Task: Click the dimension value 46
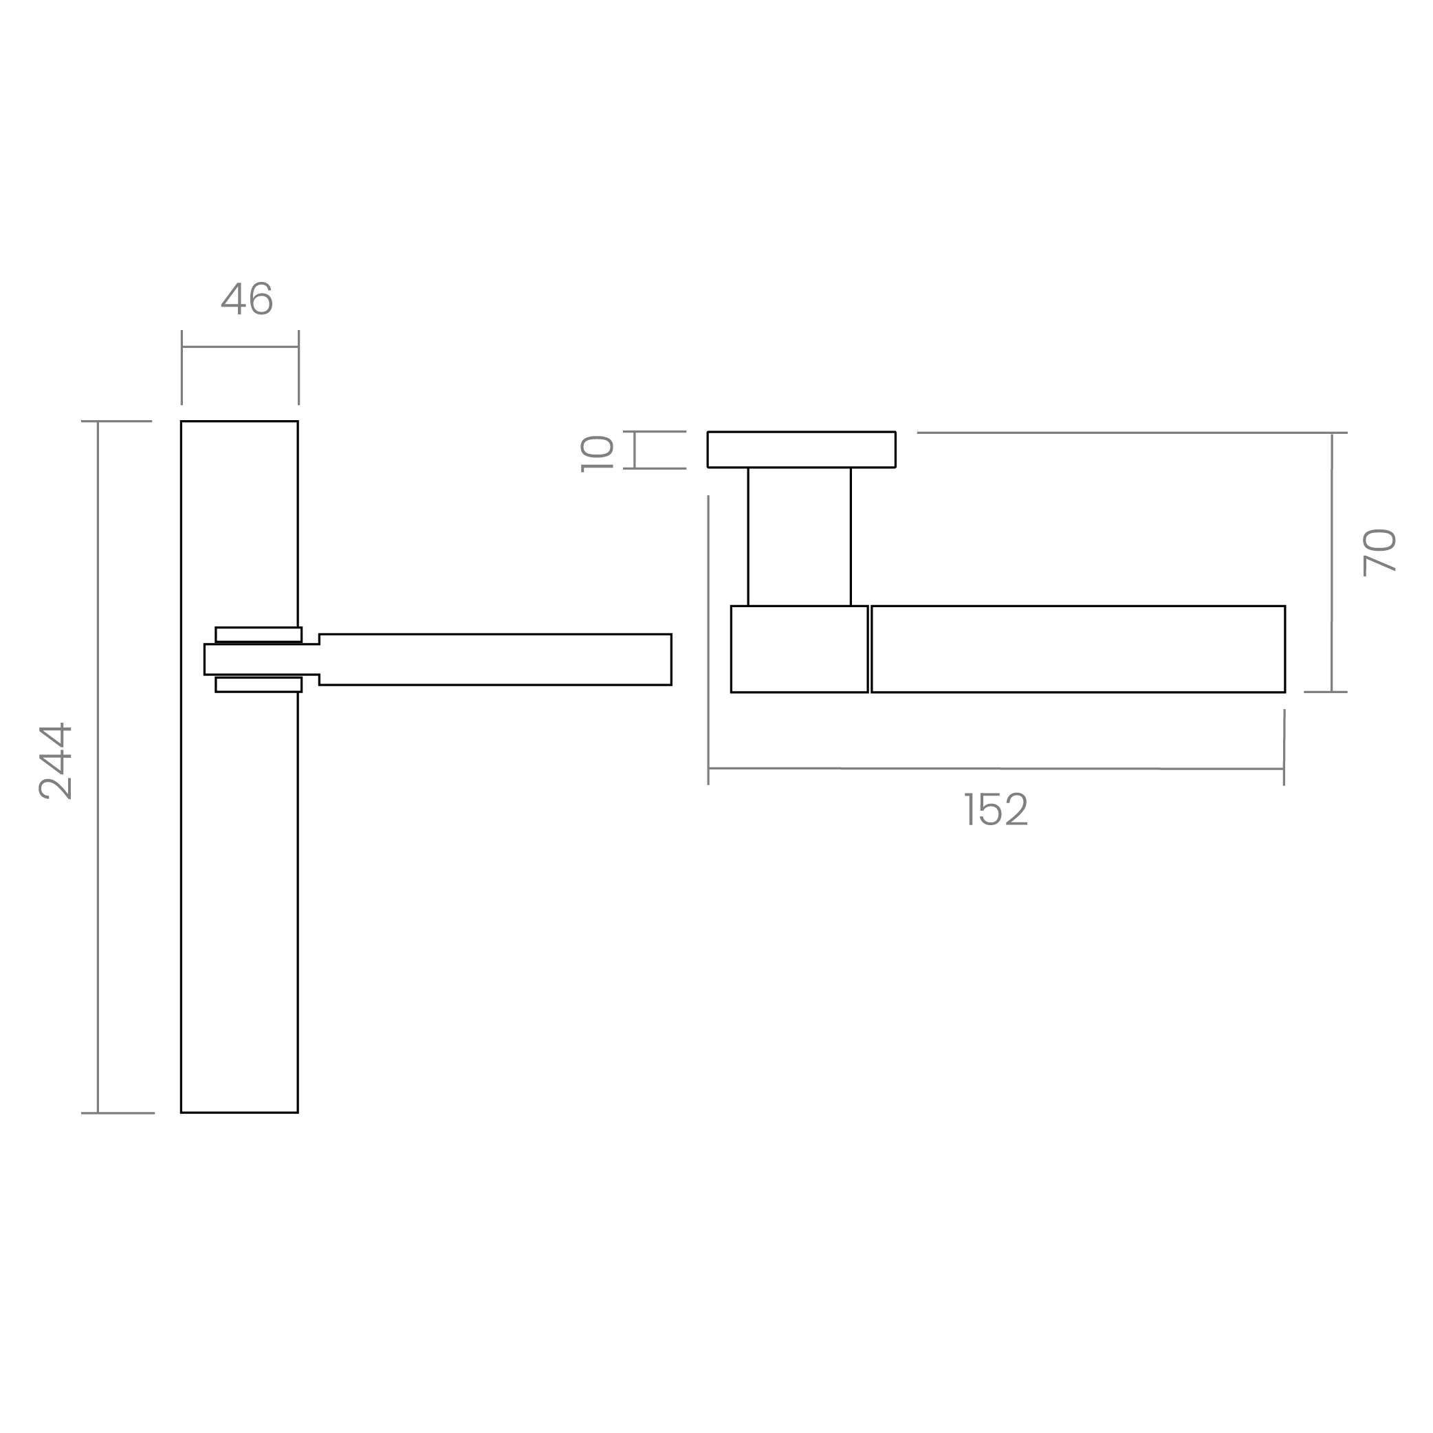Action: [247, 300]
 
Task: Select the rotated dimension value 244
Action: [56, 761]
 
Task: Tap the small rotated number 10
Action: [598, 453]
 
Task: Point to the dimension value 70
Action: [1379, 552]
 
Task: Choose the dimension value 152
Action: [996, 809]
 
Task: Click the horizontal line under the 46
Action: [240, 346]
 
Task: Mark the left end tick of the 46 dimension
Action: [182, 368]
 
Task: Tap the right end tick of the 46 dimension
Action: [299, 368]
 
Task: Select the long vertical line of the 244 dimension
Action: [98, 767]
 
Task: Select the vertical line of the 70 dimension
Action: [1332, 562]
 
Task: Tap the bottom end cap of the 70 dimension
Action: [1326, 691]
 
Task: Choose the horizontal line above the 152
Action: [996, 769]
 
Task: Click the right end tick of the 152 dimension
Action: [1284, 745]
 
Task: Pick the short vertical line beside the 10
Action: [635, 450]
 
